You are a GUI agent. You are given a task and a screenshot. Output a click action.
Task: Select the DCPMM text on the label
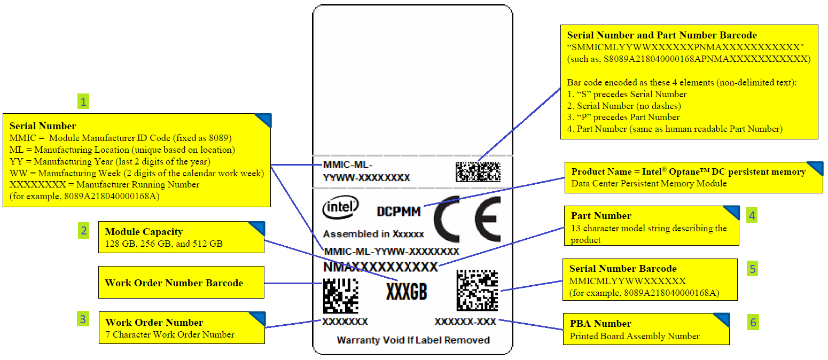(399, 212)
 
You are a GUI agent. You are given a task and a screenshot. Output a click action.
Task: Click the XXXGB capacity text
(407, 291)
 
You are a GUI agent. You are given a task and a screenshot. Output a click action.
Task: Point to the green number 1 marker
(82, 101)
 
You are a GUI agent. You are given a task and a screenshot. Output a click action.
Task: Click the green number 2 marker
(83, 231)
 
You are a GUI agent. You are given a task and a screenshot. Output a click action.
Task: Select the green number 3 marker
(83, 319)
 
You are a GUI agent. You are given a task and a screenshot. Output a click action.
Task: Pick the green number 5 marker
(752, 269)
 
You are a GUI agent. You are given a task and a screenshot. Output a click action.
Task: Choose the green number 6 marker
(753, 322)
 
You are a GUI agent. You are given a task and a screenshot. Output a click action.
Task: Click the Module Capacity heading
(144, 232)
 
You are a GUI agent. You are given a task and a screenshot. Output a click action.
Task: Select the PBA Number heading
(600, 324)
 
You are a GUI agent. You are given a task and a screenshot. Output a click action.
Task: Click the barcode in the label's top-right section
(478, 171)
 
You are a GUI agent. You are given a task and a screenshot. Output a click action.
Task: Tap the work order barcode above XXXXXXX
(340, 295)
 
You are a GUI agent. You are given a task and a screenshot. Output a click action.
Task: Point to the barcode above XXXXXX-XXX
(477, 290)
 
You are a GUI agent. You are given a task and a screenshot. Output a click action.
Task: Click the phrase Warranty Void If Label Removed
(413, 340)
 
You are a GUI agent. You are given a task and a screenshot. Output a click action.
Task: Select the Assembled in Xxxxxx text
(373, 234)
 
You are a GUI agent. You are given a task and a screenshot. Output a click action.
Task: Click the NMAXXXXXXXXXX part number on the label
(380, 266)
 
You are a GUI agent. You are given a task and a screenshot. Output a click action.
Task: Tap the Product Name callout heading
(688, 172)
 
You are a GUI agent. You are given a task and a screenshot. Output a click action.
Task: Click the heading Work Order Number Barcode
(174, 283)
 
